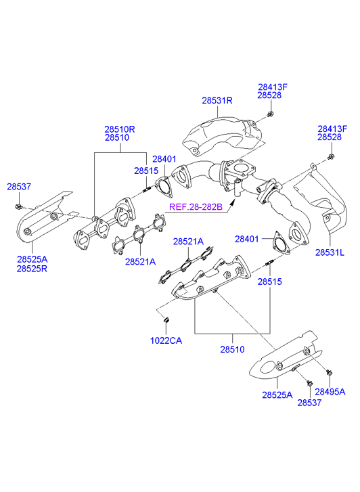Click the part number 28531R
pyautogui.click(x=217, y=100)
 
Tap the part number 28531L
pyautogui.click(x=330, y=252)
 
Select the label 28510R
pyautogui.click(x=120, y=129)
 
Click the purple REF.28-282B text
pyautogui.click(x=196, y=207)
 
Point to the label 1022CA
pyautogui.click(x=166, y=340)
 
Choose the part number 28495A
pyautogui.click(x=330, y=392)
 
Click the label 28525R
pyautogui.click(x=32, y=269)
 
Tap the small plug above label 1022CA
pyautogui.click(x=166, y=319)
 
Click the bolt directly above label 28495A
pyautogui.click(x=330, y=373)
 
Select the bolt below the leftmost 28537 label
pyautogui.click(x=18, y=206)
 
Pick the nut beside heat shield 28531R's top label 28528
pyautogui.click(x=270, y=114)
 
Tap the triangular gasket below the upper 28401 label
pyautogui.click(x=164, y=187)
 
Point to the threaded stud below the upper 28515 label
pyautogui.click(x=147, y=189)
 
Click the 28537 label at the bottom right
pyautogui.click(x=309, y=403)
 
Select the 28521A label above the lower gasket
pyautogui.click(x=188, y=242)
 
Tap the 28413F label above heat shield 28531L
pyautogui.click(x=332, y=129)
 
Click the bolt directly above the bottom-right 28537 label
pyautogui.click(x=309, y=383)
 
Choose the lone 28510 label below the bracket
pyautogui.click(x=232, y=349)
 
